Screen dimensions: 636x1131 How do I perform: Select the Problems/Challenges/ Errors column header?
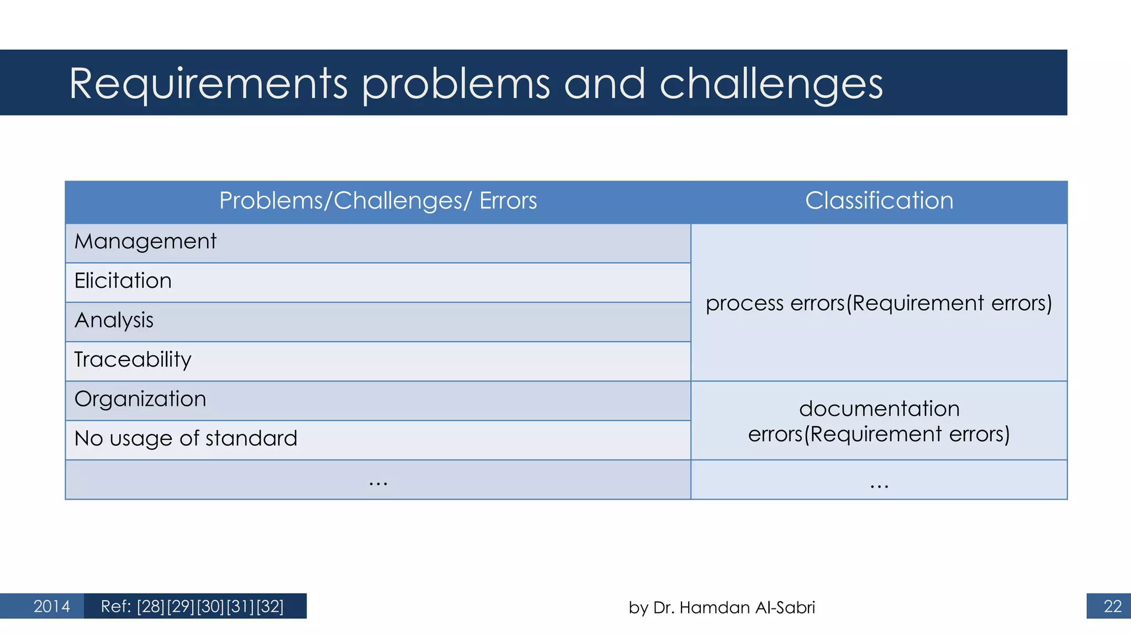coord(378,200)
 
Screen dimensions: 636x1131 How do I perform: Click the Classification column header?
coord(879,200)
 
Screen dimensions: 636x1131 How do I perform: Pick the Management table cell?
coord(145,242)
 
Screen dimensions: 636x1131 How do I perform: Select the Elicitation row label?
coord(123,281)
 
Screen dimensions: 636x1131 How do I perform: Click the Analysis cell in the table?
coord(114,321)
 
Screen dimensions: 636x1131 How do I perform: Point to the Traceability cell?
coord(133,360)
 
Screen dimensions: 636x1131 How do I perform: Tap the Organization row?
coord(140,399)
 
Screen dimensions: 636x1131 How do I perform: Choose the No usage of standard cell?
coord(186,439)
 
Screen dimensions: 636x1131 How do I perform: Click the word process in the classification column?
coord(744,304)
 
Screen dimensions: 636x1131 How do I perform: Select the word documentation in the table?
coord(879,409)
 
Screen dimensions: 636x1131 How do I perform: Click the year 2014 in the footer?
coord(51,606)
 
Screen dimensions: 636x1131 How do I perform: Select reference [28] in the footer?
coord(151,606)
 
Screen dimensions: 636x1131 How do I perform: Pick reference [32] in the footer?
coord(269,606)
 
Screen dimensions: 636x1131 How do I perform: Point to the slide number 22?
coord(1112,606)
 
